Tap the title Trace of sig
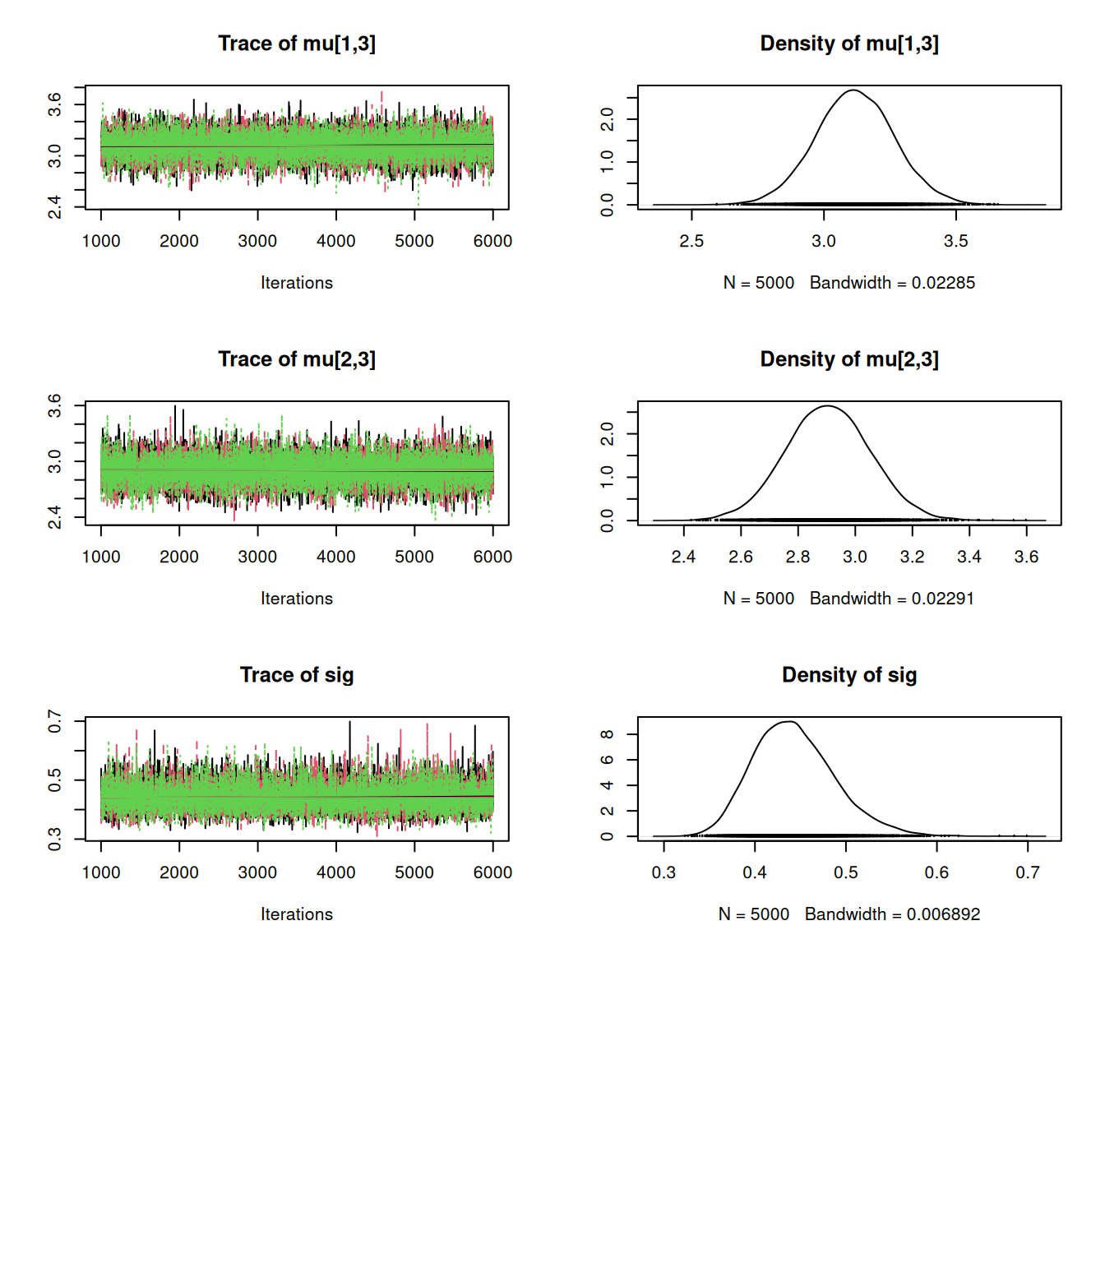coord(297,675)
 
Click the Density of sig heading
coord(849,675)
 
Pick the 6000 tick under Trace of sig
coord(492,872)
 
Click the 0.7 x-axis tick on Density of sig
coord(1027,872)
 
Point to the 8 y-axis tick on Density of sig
coord(608,734)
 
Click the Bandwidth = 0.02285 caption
coord(892,283)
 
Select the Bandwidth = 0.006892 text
coord(892,914)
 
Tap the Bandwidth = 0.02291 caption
coord(892,599)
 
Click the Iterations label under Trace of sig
coord(297,914)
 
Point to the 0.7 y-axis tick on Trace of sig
coord(55,721)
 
